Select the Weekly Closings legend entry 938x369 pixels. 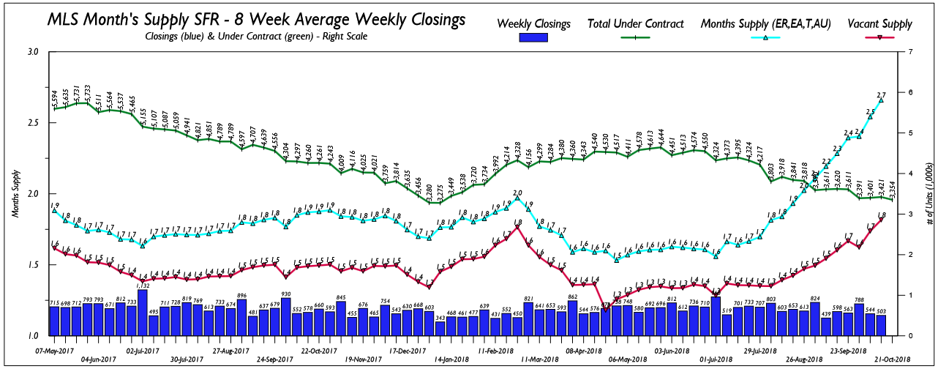pos(533,25)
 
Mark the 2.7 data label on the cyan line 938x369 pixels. pos(881,95)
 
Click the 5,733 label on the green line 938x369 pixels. pos(89,93)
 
